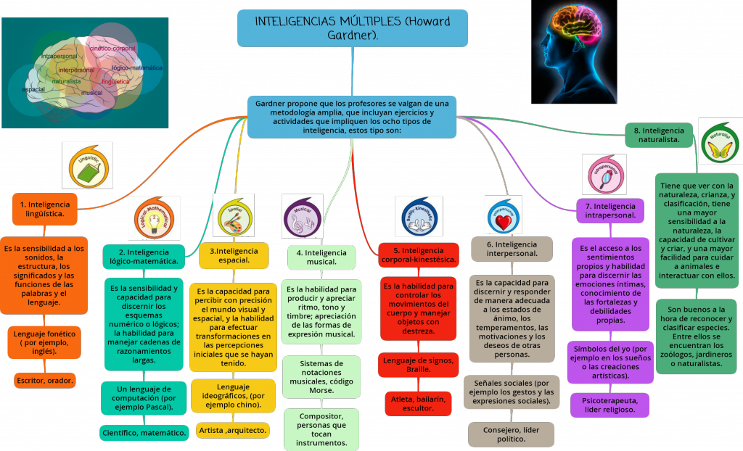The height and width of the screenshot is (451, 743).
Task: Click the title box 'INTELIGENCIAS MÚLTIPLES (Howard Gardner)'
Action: [x=353, y=28]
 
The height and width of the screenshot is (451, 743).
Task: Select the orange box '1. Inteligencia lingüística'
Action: [x=44, y=209]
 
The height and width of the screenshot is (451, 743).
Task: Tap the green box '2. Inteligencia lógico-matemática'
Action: [x=144, y=257]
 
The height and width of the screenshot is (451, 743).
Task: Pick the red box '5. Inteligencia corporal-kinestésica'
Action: [x=418, y=255]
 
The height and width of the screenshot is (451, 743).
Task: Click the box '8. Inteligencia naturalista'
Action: [x=658, y=135]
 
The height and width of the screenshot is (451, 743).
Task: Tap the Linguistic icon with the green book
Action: [x=87, y=167]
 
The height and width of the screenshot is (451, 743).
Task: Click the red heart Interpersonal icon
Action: [x=504, y=215]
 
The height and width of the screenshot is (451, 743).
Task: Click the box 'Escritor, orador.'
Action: [x=44, y=379]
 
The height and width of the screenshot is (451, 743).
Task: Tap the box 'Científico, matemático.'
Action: [x=143, y=432]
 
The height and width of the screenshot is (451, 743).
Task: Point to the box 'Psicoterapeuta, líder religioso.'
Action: [x=609, y=405]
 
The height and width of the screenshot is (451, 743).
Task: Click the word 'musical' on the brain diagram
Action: [x=91, y=93]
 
